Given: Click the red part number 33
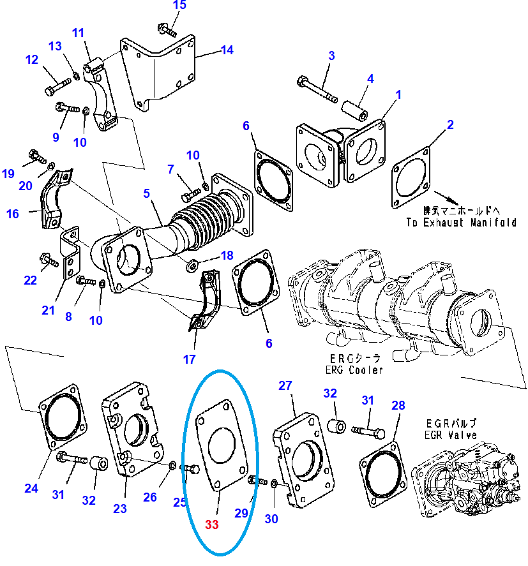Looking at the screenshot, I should [212, 525].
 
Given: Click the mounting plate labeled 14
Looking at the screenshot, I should [160, 73].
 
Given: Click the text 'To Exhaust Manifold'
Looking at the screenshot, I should [461, 223].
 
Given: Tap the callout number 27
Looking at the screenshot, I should [285, 385].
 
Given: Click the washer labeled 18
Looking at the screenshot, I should [192, 264].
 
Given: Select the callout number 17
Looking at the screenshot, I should [189, 359].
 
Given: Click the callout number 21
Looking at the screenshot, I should [49, 310].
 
